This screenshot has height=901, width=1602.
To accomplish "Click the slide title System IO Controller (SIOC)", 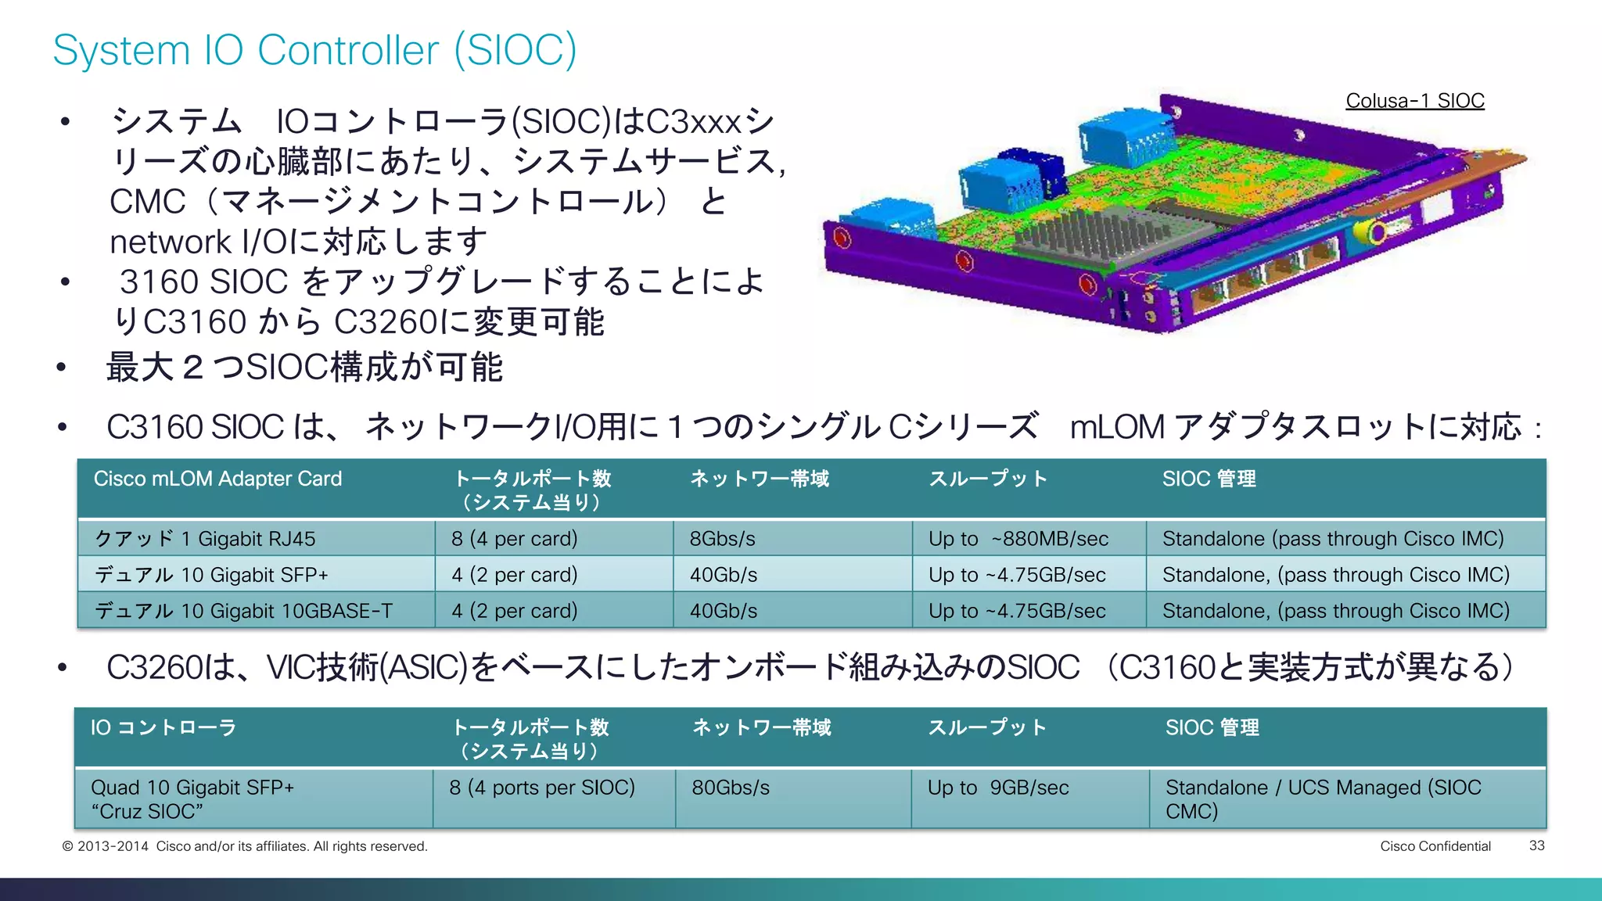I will click(x=314, y=50).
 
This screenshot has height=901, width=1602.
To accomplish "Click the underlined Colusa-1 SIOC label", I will click(x=1414, y=101).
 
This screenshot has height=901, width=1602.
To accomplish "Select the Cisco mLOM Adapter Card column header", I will click(x=217, y=479).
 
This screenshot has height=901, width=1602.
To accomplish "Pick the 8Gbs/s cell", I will click(x=722, y=539).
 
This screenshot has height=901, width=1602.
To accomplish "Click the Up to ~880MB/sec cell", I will click(x=1018, y=539).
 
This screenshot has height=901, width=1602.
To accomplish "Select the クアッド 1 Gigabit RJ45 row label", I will click(x=205, y=539).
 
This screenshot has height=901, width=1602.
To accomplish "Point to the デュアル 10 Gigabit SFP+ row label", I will click(x=211, y=575).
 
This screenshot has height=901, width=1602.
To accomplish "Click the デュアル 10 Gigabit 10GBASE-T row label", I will click(x=243, y=611).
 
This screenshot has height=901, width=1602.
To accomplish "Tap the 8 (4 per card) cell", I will click(x=514, y=539).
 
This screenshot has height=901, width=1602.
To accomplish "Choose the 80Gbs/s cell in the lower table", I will click(x=731, y=788).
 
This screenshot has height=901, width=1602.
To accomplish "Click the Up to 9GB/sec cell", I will click(x=997, y=788).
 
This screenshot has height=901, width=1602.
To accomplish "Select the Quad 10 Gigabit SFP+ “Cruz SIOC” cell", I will click(x=192, y=799).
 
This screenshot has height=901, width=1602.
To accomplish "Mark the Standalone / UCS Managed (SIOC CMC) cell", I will click(x=1322, y=799).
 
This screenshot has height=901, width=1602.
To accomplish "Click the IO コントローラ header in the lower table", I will click(x=163, y=727).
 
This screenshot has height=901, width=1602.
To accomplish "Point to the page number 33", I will click(x=1536, y=845).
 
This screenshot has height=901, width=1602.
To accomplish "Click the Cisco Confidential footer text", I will click(x=1435, y=846).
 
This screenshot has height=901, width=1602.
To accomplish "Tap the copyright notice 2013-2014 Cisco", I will click(x=245, y=846).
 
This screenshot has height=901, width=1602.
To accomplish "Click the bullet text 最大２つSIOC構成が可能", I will click(x=305, y=368).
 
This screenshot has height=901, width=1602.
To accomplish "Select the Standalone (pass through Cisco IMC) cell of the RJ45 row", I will click(x=1333, y=539).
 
